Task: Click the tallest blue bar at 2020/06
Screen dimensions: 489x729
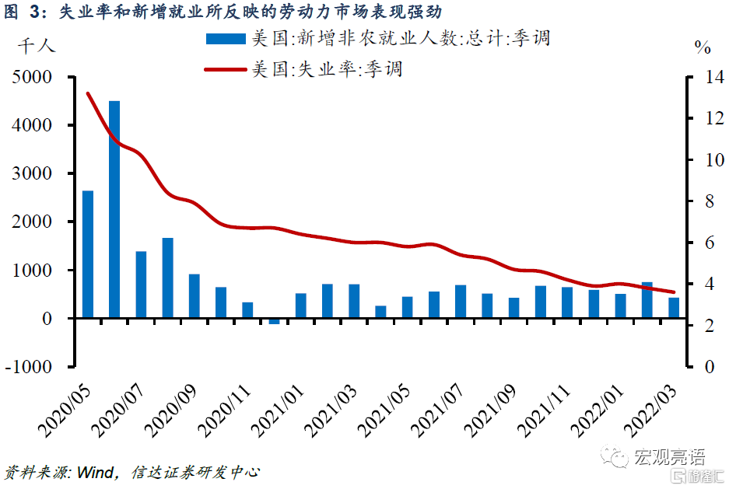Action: point(114,209)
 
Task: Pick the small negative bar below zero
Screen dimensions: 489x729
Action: point(274,321)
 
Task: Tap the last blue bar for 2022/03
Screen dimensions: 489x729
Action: point(674,308)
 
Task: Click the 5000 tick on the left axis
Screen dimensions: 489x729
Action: point(32,77)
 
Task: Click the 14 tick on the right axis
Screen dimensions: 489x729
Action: point(704,77)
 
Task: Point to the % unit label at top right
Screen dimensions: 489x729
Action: point(703,47)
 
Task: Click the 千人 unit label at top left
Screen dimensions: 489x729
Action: point(36,45)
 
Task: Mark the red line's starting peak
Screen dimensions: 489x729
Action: point(88,93)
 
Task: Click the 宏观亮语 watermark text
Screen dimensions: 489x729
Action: point(670,456)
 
